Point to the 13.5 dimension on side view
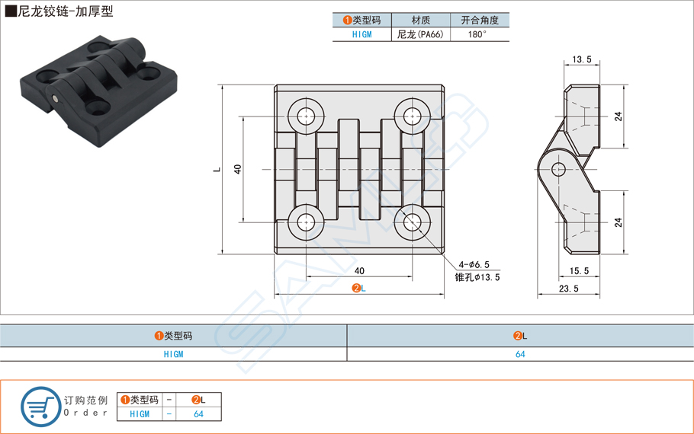pyautogui.click(x=581, y=59)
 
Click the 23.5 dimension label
pyautogui.click(x=568, y=289)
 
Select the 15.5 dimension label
pyautogui.click(x=579, y=270)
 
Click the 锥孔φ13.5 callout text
pyautogui.click(x=477, y=277)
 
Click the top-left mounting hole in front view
pyautogui.click(x=307, y=116)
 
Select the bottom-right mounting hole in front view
pyautogui.click(x=413, y=222)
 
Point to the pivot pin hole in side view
pyautogui.click(x=557, y=168)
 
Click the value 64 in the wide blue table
pyautogui.click(x=520, y=354)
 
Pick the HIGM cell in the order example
pyautogui.click(x=140, y=414)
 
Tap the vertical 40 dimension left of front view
pyautogui.click(x=237, y=169)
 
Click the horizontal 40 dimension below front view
pyautogui.click(x=359, y=271)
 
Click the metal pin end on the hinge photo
pyautogui.click(x=56, y=98)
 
